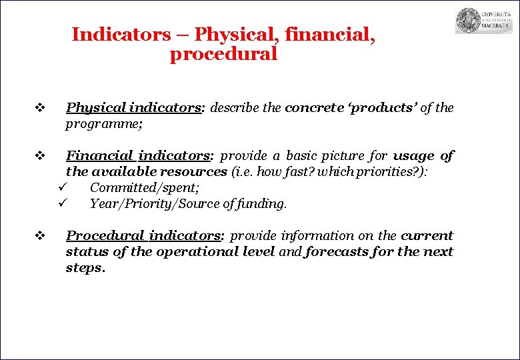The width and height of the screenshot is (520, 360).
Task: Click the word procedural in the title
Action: point(223,55)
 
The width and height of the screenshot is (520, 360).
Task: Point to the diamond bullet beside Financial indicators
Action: point(39,157)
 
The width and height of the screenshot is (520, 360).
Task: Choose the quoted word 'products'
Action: point(379,108)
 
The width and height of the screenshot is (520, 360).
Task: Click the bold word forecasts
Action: point(338,252)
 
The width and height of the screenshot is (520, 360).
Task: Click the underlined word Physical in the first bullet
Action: point(96,108)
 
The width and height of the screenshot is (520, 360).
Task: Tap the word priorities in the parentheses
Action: point(387,172)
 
